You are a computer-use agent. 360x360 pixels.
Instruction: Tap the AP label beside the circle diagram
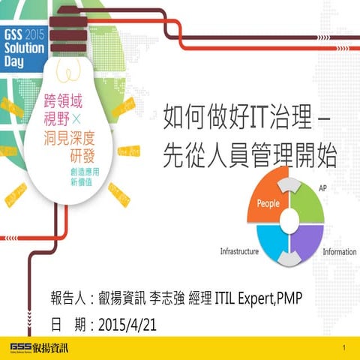323,187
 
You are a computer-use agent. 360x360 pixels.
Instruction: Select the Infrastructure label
239,252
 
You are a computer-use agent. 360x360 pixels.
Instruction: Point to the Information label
339,252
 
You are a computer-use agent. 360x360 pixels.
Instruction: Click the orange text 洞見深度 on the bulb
81,139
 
